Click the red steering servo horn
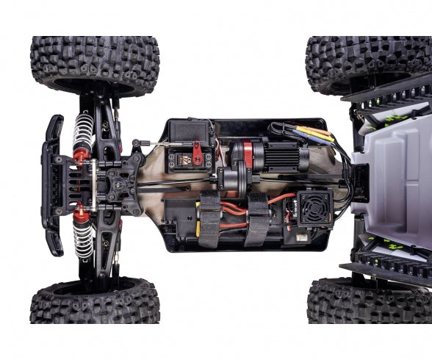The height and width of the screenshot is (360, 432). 196,156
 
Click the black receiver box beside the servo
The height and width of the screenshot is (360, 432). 189,132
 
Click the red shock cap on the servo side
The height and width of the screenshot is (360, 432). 81,156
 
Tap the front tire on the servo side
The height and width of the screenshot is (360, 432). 94,65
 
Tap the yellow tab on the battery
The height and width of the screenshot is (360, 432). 197,228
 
